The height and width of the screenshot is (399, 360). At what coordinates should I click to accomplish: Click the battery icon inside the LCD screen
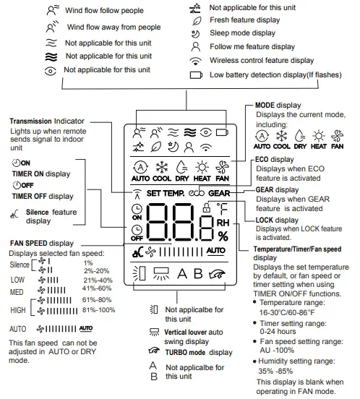[x=222, y=131]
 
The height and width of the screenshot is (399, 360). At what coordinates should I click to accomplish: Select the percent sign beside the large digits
[x=223, y=236]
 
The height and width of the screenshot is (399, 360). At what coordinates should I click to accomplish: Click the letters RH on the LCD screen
[x=223, y=223]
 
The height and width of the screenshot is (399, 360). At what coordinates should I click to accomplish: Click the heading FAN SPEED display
[x=42, y=243]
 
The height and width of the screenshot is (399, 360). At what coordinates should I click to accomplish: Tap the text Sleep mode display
[x=242, y=33]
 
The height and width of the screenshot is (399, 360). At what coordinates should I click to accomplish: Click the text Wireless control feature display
[x=262, y=61]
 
